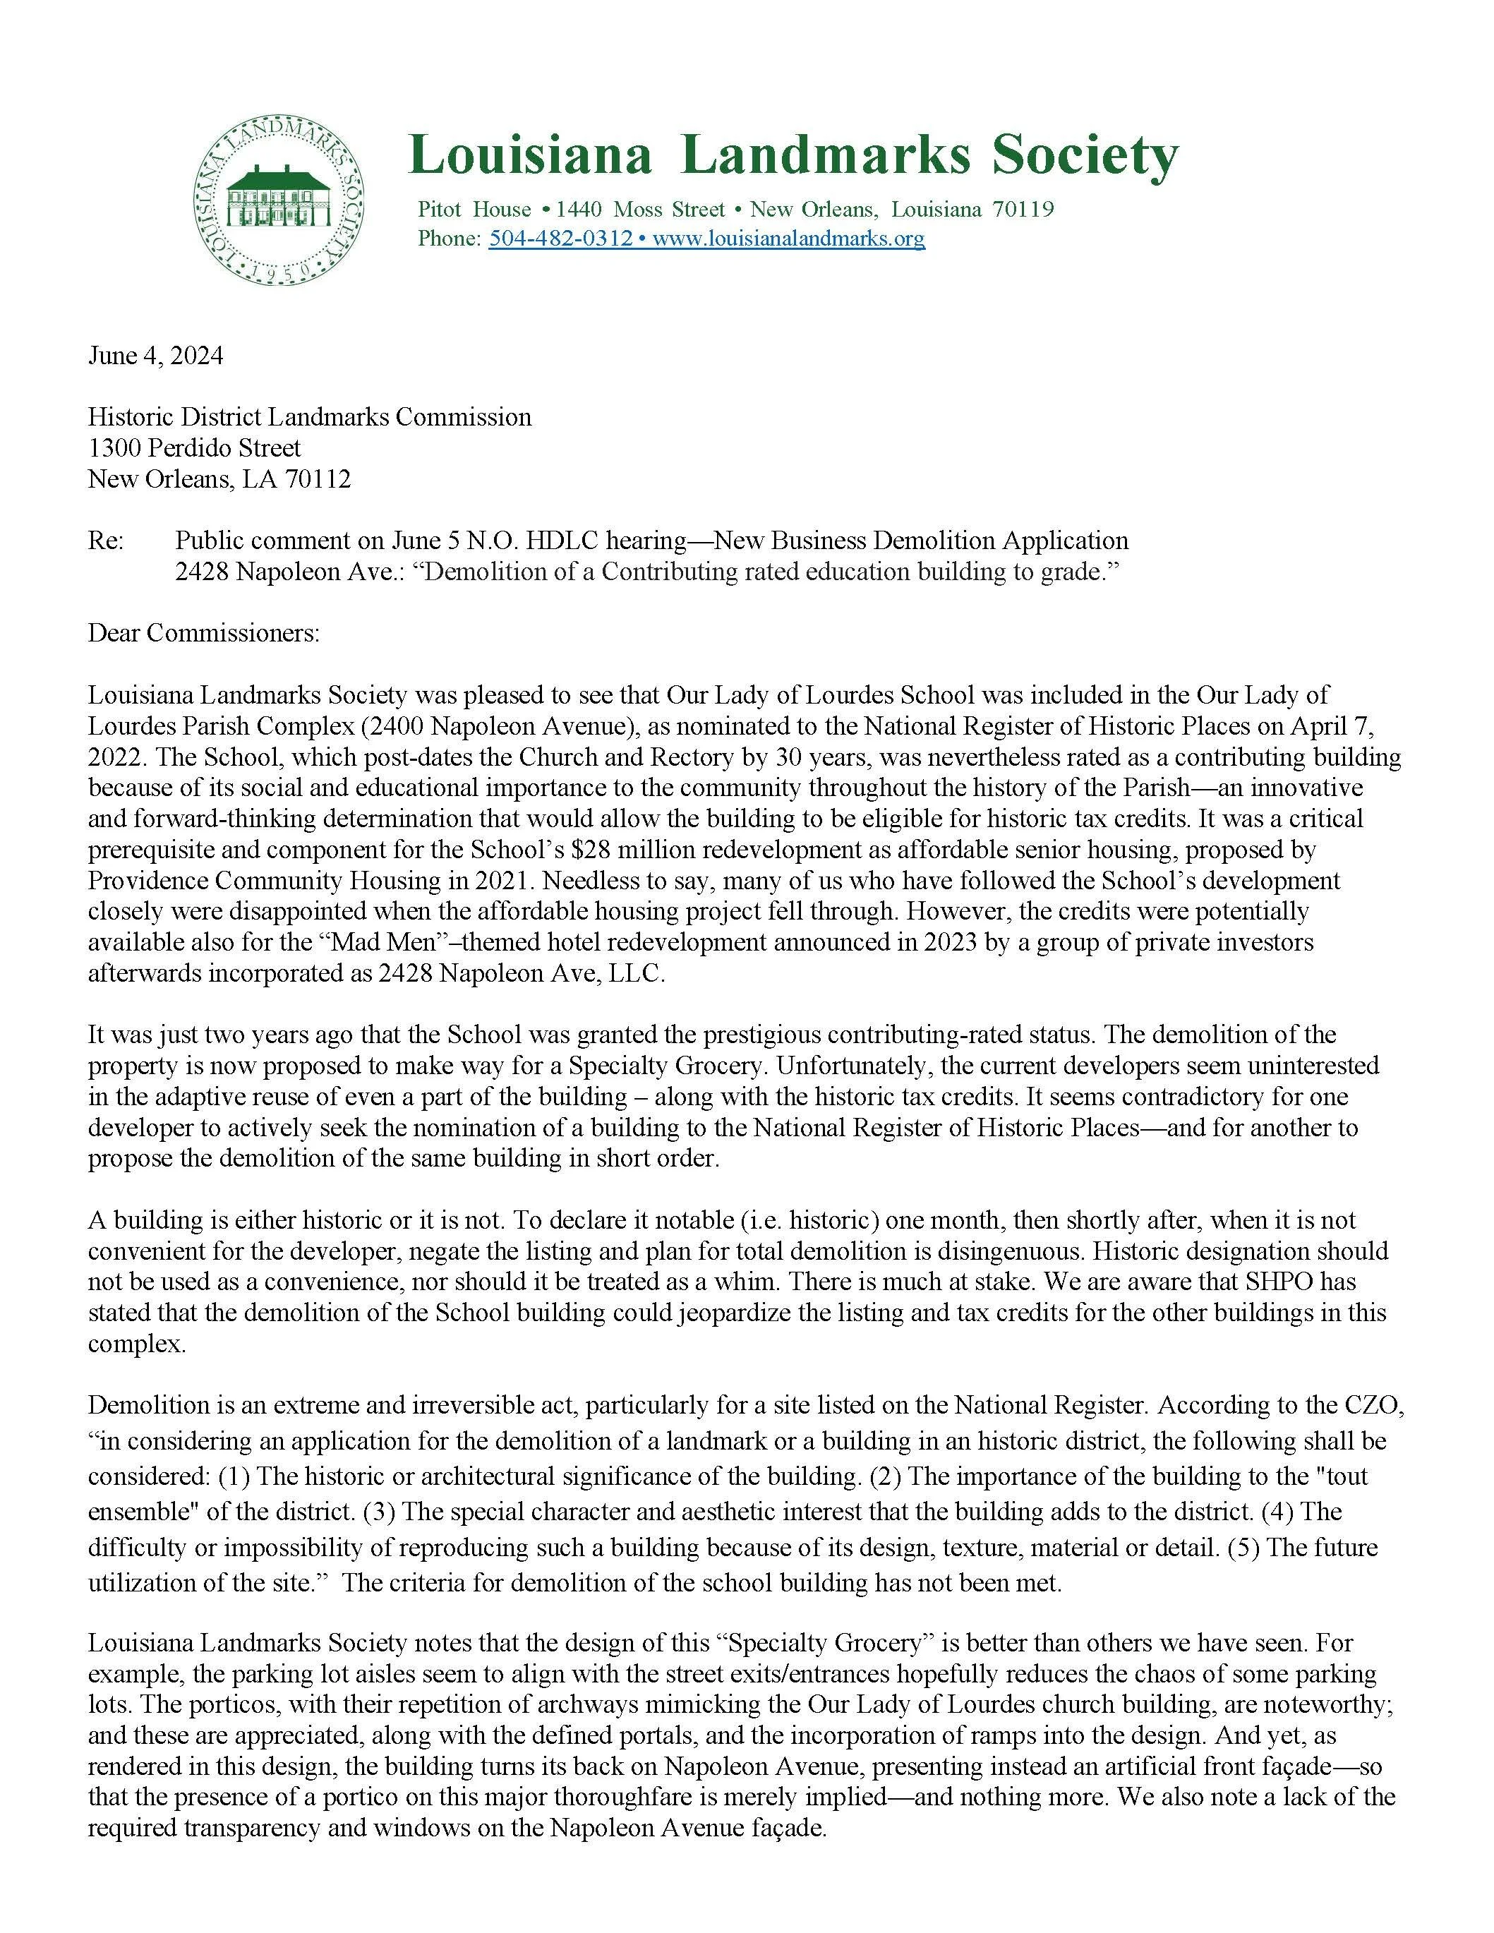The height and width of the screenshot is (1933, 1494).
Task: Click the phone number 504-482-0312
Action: coord(560,238)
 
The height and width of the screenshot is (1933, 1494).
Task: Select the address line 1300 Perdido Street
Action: coord(194,448)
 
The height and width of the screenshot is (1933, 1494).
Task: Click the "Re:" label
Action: coord(105,540)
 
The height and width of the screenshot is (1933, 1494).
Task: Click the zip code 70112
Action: coord(318,478)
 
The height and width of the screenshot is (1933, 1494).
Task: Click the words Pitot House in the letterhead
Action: coord(474,210)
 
